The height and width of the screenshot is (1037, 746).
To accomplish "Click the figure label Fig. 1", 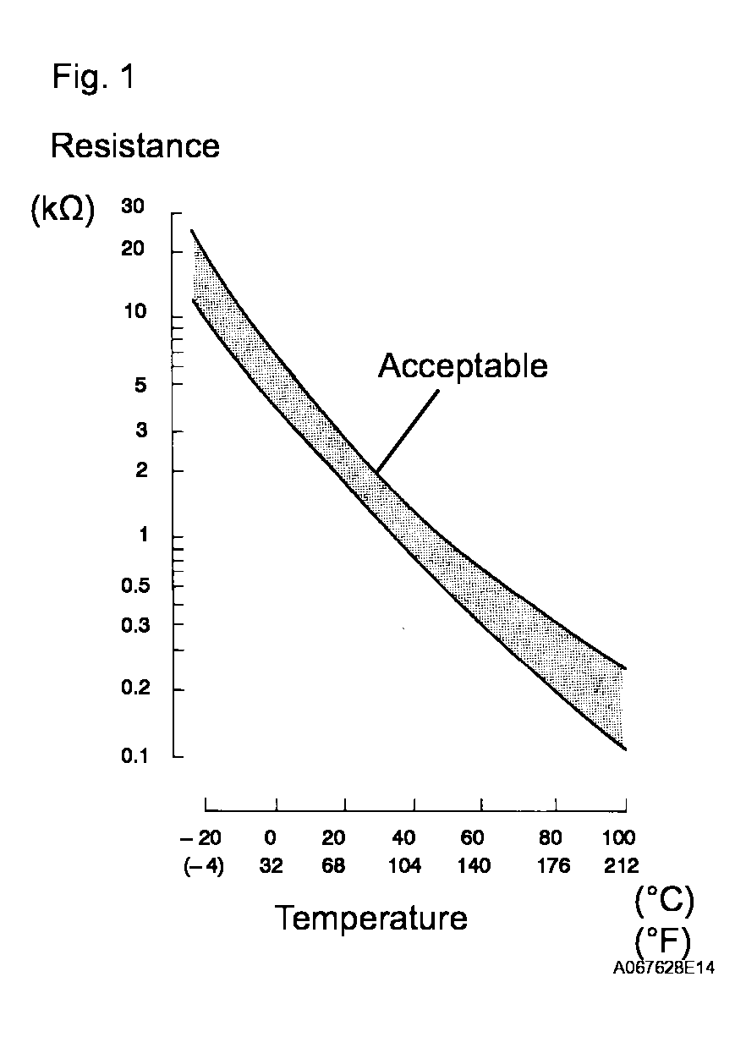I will pyautogui.click(x=92, y=78).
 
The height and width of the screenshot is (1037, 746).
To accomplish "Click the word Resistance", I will pyautogui.click(x=135, y=146).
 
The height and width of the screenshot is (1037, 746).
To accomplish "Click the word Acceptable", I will pyautogui.click(x=463, y=366).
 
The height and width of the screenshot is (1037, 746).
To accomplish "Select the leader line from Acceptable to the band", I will pyautogui.click(x=408, y=430).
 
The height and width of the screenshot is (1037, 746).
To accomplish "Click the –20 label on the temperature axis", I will pyautogui.click(x=201, y=838).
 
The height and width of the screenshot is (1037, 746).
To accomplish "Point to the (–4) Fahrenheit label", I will pyautogui.click(x=203, y=867).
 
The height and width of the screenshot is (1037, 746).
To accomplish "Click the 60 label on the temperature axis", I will pyautogui.click(x=473, y=838).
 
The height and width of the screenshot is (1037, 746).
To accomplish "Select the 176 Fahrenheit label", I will pyautogui.click(x=550, y=867).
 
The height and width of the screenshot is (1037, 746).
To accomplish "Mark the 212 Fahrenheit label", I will pyautogui.click(x=619, y=867).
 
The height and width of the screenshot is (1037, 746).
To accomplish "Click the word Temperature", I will pyautogui.click(x=370, y=918).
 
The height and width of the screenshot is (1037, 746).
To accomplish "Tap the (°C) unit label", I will pyautogui.click(x=664, y=903).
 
